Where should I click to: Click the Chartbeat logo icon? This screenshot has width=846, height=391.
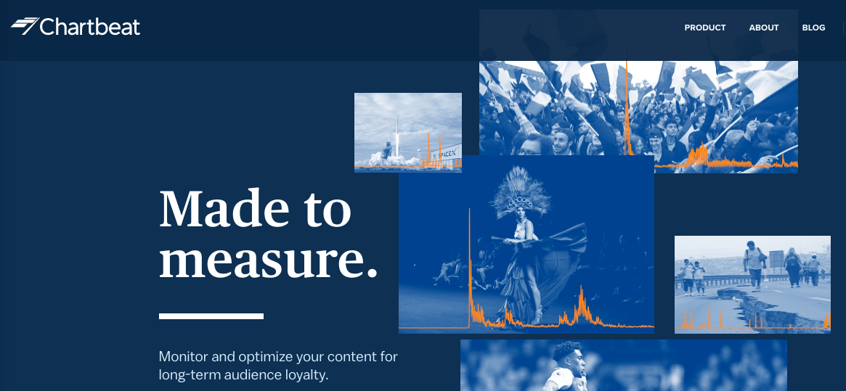click(24, 26)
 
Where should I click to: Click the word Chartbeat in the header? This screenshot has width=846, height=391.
click(90, 26)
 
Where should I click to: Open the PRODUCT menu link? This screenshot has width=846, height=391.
click(705, 28)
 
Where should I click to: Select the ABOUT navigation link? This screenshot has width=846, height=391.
click(764, 28)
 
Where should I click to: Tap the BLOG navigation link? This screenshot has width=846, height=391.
click(813, 28)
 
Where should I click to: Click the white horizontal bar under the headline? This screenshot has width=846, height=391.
click(211, 316)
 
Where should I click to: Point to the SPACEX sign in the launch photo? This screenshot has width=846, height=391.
click(446, 154)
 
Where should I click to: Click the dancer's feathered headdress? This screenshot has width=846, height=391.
click(520, 192)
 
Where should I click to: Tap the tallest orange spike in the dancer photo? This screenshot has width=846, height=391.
click(470, 267)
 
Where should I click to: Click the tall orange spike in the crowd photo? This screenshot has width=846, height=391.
click(627, 108)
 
